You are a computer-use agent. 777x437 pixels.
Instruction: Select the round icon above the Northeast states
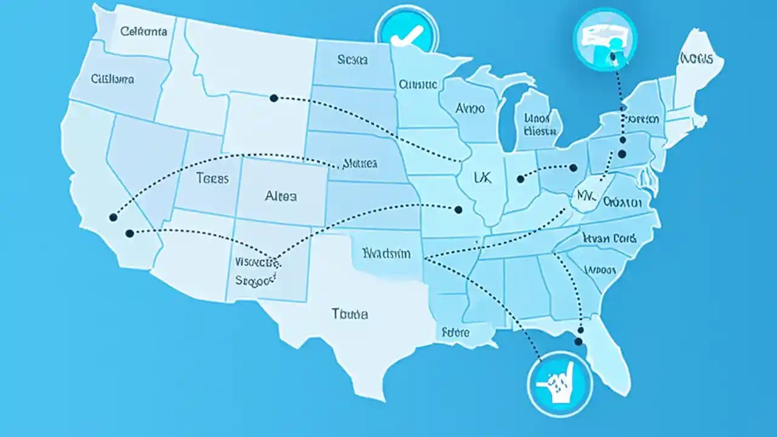coord(605,39)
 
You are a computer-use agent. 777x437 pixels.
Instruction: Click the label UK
coord(482,177)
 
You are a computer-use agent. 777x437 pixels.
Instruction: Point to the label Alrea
coord(281,196)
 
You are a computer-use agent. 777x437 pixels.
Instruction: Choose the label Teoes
coord(212,178)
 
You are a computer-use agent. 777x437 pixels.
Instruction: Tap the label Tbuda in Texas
coord(350,314)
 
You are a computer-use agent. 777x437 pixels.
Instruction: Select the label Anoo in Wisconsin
coord(470,109)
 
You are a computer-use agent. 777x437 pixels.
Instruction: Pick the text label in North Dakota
coord(353,60)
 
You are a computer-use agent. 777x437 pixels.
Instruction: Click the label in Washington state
coord(144,32)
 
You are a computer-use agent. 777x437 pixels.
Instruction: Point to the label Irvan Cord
coord(608,238)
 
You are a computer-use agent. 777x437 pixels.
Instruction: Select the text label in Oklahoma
coord(386,253)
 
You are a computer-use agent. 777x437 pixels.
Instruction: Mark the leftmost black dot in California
coord(113,217)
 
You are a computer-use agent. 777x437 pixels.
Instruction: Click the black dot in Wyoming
coord(274,98)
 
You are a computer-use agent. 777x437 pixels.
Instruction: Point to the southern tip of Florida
coord(620,388)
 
